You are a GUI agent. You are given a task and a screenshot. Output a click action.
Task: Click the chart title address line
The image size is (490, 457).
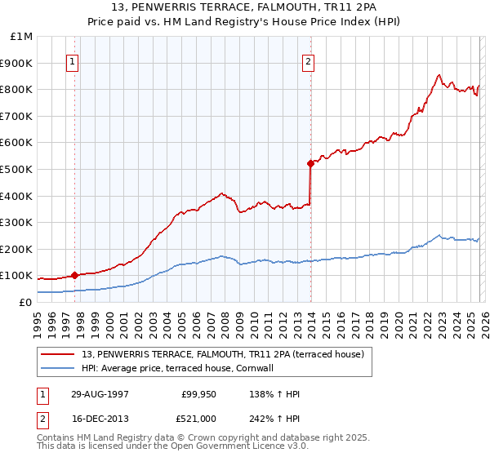tap(245, 8)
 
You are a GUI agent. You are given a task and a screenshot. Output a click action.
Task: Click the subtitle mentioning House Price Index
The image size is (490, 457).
tap(245, 22)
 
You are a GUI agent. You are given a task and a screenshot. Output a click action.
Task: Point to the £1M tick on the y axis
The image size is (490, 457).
tap(22, 37)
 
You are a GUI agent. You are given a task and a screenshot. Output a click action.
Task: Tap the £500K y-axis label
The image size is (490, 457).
tap(18, 170)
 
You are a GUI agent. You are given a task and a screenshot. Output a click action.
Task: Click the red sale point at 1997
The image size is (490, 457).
tap(75, 276)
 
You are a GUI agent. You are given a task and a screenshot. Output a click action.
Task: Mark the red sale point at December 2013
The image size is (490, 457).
tap(310, 163)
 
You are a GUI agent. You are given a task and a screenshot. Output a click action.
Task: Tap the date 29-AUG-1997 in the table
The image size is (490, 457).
tap(100, 394)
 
